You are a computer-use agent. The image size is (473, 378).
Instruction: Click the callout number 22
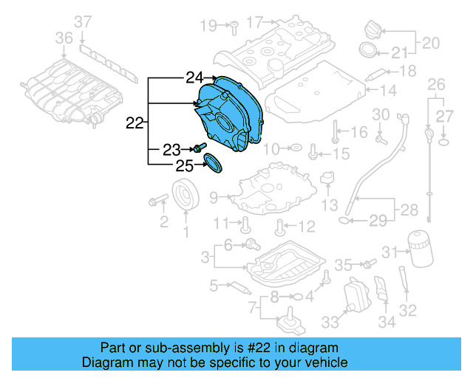135,123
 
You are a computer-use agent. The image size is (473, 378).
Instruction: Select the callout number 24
194,77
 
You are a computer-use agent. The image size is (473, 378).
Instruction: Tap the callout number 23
171,150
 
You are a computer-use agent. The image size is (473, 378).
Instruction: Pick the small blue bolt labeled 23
200,150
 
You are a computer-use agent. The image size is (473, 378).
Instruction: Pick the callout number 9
214,197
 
